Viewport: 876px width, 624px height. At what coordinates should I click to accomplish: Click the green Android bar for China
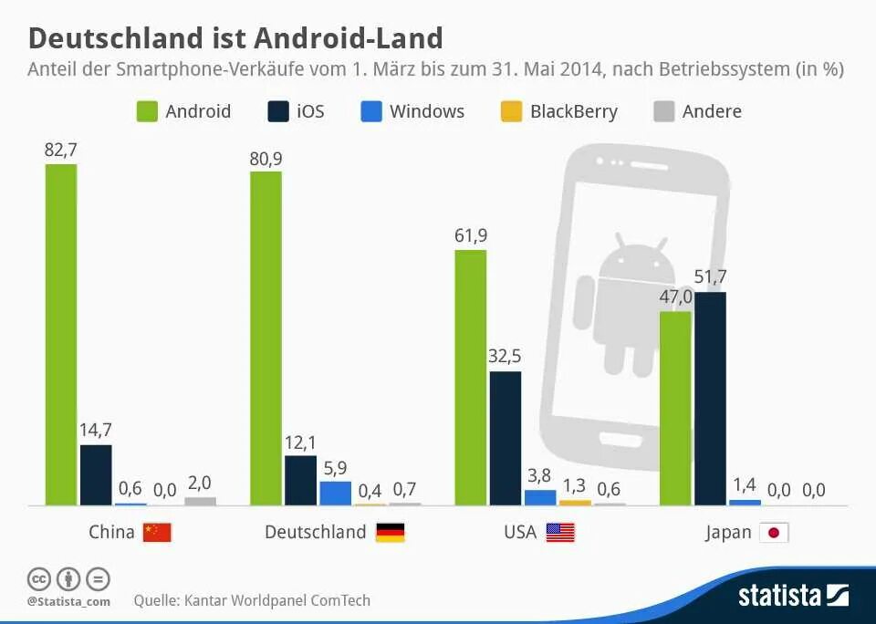pos(61,334)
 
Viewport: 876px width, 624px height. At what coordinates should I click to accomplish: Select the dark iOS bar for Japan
pos(710,398)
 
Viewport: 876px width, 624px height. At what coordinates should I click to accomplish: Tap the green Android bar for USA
pos(470,377)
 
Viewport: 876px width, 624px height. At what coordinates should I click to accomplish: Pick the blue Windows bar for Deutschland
pos(335,493)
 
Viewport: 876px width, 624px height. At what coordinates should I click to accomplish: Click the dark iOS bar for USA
pos(505,438)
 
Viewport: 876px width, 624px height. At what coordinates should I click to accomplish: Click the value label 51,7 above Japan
pos(710,277)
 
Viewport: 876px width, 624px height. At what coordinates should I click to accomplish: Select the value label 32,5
pos(505,357)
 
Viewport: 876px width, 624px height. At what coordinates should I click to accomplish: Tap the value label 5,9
pos(335,468)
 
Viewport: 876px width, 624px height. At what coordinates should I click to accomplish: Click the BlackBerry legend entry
pos(559,111)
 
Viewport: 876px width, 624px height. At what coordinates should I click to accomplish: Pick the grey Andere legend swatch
pos(664,111)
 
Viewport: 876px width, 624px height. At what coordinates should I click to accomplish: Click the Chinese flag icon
pos(157,532)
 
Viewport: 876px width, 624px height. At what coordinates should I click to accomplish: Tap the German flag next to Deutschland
pos(390,532)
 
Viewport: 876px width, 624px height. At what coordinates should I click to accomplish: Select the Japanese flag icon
pos(774,532)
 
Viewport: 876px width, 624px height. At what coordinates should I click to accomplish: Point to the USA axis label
pos(520,532)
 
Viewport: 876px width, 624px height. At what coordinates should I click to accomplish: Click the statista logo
pos(792,596)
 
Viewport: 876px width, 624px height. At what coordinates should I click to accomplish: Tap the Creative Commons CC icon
pos(38,578)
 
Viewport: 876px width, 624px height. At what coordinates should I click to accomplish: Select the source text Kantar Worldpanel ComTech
pos(277,600)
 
